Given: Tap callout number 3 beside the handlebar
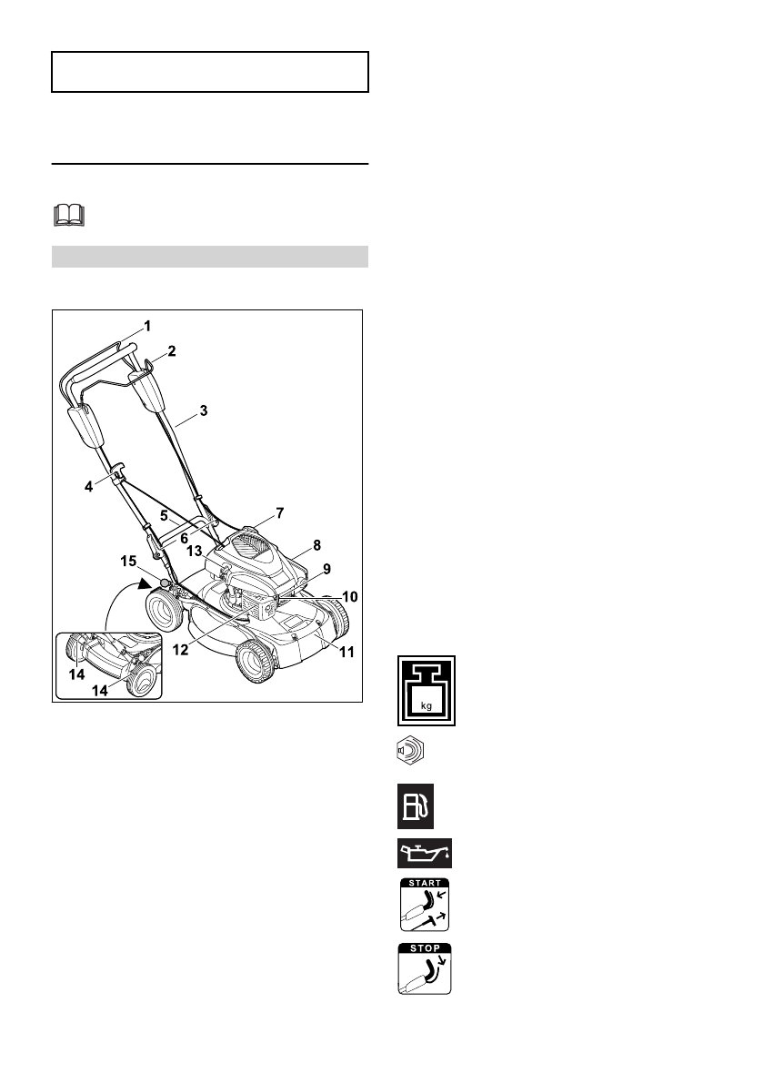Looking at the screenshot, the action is tap(204, 410).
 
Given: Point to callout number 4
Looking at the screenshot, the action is tap(89, 487).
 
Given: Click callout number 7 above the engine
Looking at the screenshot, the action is tap(279, 513).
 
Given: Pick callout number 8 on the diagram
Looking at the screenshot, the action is tap(316, 545).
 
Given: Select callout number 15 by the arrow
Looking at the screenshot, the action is tap(129, 561).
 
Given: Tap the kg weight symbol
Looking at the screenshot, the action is tap(426, 691).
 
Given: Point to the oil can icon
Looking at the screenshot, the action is tap(425, 854).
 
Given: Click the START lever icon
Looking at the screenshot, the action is tap(425, 904).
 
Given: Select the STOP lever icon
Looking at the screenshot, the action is tap(425, 968).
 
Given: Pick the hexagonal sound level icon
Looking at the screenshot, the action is tap(411, 753).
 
